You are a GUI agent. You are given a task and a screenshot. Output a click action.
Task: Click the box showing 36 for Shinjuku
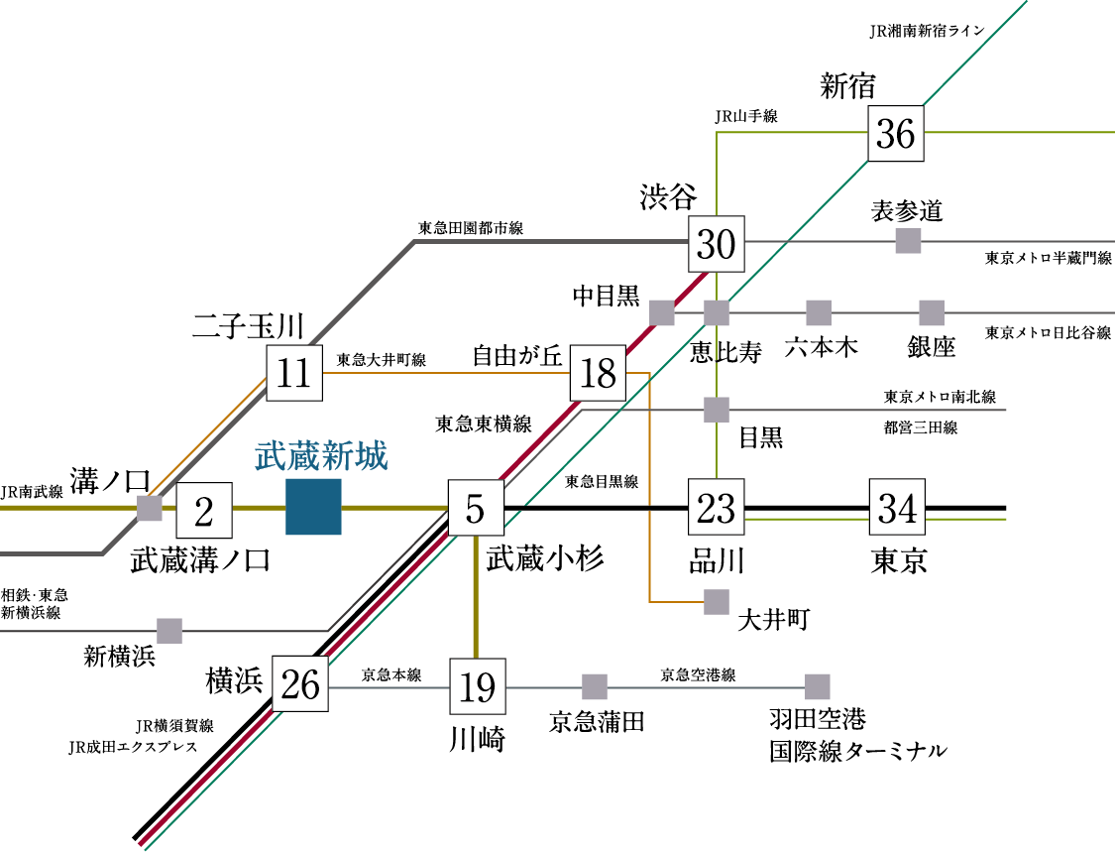pyautogui.click(x=896, y=133)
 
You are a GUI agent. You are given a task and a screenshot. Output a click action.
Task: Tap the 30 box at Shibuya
pyautogui.click(x=717, y=243)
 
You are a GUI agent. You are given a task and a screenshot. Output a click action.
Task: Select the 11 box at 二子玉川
pyautogui.click(x=294, y=374)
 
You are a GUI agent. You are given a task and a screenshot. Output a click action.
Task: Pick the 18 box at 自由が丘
pyautogui.click(x=599, y=374)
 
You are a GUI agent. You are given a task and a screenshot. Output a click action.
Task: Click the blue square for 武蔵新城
pyautogui.click(x=313, y=507)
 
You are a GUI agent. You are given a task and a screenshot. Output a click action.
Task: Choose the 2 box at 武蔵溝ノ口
pyautogui.click(x=204, y=511)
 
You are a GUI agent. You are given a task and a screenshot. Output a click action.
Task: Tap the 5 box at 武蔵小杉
pyautogui.click(x=475, y=508)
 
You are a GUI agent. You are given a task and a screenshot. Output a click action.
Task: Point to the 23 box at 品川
pyautogui.click(x=716, y=508)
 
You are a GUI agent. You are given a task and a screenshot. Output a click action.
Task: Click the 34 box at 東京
pyautogui.click(x=897, y=508)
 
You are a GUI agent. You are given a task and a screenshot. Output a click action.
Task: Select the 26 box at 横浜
pyautogui.click(x=300, y=684)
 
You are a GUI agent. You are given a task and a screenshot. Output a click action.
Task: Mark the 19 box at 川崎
pyautogui.click(x=478, y=685)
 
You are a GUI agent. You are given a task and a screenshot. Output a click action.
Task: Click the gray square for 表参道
pyautogui.click(x=908, y=241)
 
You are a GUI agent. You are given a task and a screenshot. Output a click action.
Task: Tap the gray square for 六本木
pyautogui.click(x=818, y=312)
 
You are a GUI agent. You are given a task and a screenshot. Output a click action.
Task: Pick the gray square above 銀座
pyautogui.click(x=931, y=312)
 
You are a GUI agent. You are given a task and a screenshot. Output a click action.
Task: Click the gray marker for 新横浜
pyautogui.click(x=169, y=631)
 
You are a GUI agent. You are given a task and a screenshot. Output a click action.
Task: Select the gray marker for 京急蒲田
pyautogui.click(x=595, y=686)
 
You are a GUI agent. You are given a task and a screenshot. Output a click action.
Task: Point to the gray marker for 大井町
pyautogui.click(x=716, y=602)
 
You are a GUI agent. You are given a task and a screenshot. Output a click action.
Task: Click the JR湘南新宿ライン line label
pyautogui.click(x=926, y=31)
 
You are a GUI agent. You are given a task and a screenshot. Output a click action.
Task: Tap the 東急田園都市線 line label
pyautogui.click(x=470, y=228)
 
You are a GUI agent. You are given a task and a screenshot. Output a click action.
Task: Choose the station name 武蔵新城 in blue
pyautogui.click(x=321, y=457)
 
